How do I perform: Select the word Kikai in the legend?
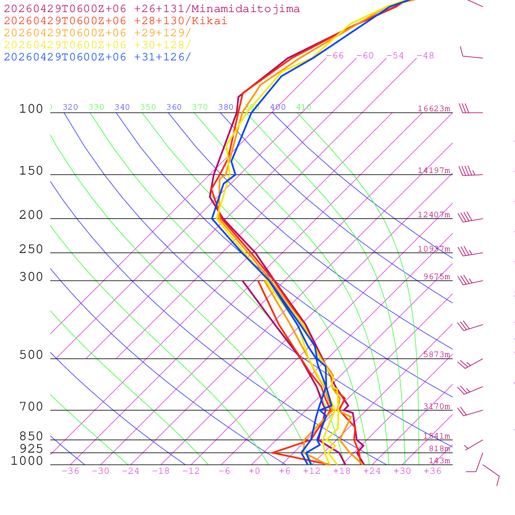(214, 21)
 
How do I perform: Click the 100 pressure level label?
(31, 109)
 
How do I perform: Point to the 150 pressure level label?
(31, 171)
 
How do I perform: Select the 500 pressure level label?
(31, 355)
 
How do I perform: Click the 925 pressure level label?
(31, 448)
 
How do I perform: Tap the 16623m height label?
(434, 109)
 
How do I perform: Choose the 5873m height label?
(437, 355)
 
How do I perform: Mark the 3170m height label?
(437, 406)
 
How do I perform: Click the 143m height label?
(440, 461)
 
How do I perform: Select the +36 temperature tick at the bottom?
(433, 471)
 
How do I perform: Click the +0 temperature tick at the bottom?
(254, 471)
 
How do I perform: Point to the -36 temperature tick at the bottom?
(70, 471)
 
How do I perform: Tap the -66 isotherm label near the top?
(334, 56)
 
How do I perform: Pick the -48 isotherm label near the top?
(425, 56)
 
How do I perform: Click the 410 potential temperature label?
(304, 107)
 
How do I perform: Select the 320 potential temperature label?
(70, 107)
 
